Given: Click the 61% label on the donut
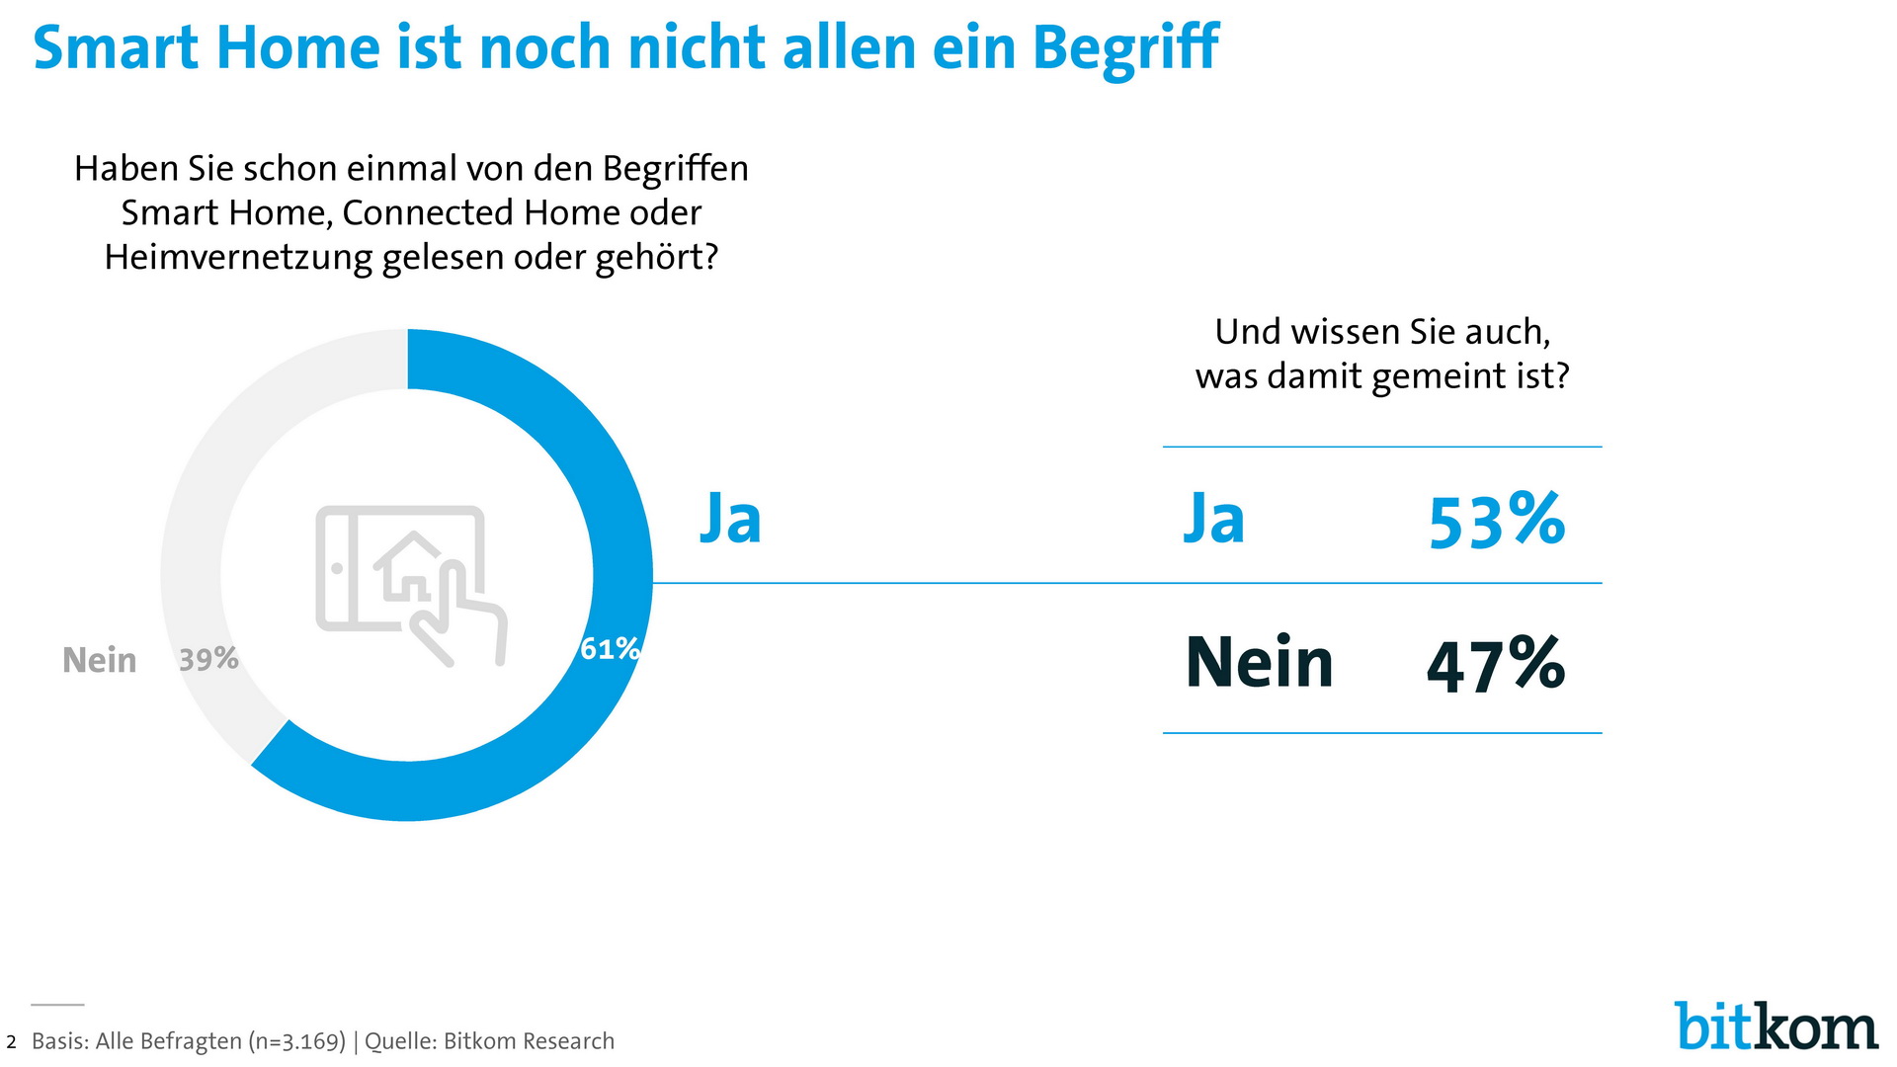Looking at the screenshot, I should click(x=610, y=649).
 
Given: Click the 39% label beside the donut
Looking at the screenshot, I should click(x=208, y=659).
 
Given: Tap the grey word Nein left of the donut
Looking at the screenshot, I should click(x=99, y=660).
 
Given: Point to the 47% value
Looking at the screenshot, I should click(x=1496, y=664).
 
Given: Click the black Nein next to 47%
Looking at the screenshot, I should click(x=1259, y=663).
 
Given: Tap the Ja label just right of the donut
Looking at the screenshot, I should click(x=731, y=518).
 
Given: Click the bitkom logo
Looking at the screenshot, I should click(x=1775, y=1027).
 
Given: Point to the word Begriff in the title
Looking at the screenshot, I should click(x=1125, y=47).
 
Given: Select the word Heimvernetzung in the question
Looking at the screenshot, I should click(x=238, y=257).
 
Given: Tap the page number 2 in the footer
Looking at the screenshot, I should click(x=11, y=1042).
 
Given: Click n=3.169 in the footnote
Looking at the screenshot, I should click(x=296, y=1041).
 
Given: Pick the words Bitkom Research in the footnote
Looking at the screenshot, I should click(x=529, y=1041).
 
